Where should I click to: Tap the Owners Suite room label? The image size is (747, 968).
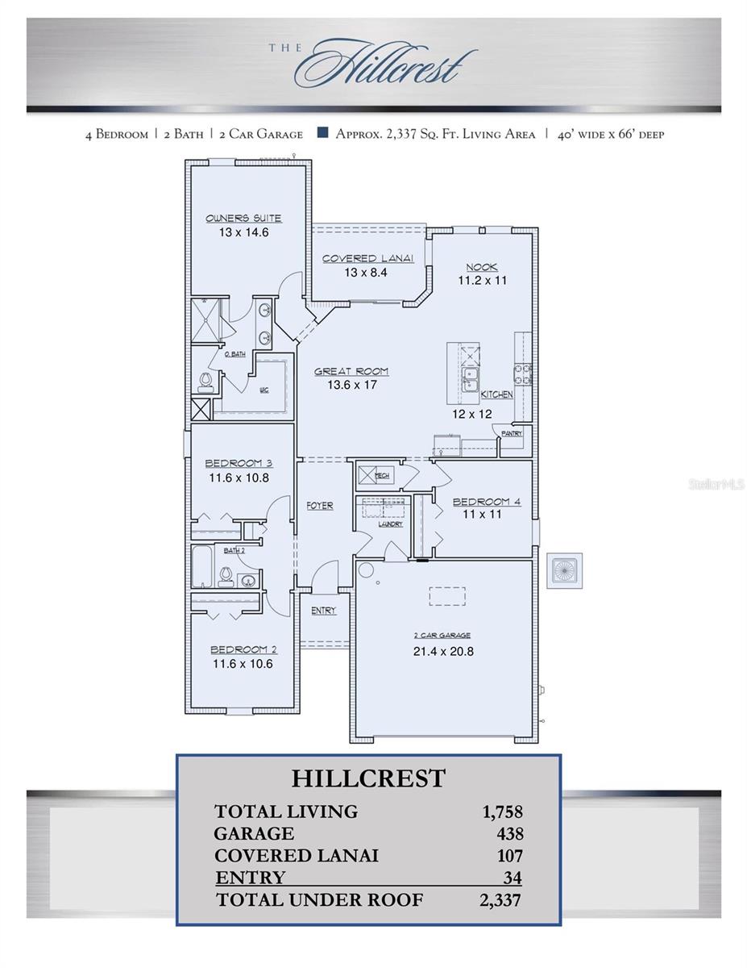(243, 219)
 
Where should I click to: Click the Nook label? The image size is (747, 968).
(482, 267)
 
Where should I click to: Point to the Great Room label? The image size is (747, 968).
(351, 372)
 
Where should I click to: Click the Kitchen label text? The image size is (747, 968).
(496, 395)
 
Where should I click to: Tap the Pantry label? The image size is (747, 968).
(512, 433)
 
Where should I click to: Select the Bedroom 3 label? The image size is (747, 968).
(239, 463)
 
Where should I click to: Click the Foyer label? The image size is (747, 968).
(320, 506)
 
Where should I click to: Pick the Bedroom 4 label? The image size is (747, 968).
(486, 501)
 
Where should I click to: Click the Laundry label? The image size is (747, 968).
(391, 524)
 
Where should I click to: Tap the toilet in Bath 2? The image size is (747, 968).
(226, 574)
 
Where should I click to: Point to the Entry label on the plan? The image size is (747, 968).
(323, 611)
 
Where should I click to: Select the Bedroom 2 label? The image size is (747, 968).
(243, 650)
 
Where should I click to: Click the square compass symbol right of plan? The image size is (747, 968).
(564, 570)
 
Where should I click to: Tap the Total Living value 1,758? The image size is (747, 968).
(503, 812)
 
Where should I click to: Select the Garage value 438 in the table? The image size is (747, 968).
(510, 834)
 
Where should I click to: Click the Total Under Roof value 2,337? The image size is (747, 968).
(500, 900)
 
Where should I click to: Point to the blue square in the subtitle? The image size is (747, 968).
(322, 134)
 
